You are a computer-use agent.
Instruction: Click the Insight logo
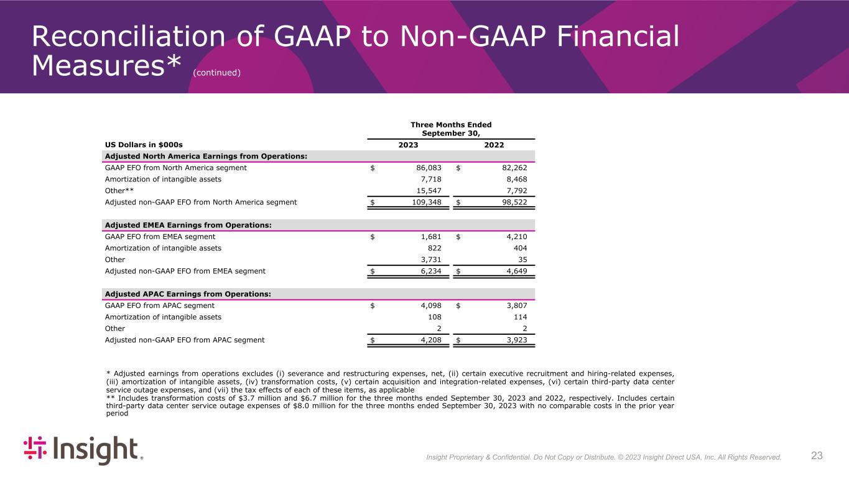click(x=83, y=450)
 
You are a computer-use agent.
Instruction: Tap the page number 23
click(x=817, y=456)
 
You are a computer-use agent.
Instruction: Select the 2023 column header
click(x=408, y=145)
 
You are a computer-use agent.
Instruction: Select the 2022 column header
click(x=494, y=145)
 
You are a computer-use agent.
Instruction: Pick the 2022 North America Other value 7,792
click(x=514, y=191)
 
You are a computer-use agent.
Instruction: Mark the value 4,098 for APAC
click(x=429, y=306)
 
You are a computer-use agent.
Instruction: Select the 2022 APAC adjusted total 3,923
click(x=514, y=340)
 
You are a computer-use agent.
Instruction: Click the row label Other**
click(x=119, y=191)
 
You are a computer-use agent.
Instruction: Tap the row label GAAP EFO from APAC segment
click(x=160, y=306)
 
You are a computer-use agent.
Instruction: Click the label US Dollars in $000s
click(x=144, y=145)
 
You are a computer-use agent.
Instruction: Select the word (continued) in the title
click(x=216, y=73)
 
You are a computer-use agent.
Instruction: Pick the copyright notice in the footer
click(x=603, y=457)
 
